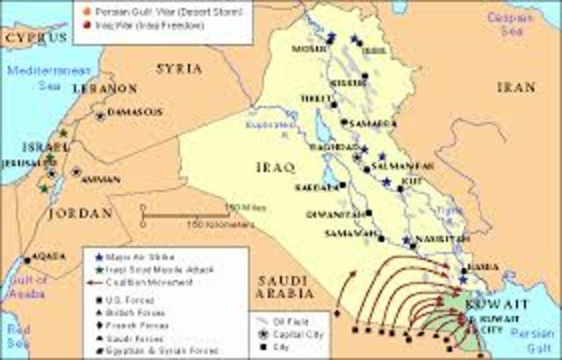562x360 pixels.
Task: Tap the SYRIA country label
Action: click(x=179, y=68)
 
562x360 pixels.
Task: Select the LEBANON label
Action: click(x=104, y=89)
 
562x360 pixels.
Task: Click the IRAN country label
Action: click(x=515, y=88)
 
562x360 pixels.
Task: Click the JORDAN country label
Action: click(x=84, y=212)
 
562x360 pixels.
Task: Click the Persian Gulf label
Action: click(x=535, y=339)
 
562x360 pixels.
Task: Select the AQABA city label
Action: click(x=48, y=256)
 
